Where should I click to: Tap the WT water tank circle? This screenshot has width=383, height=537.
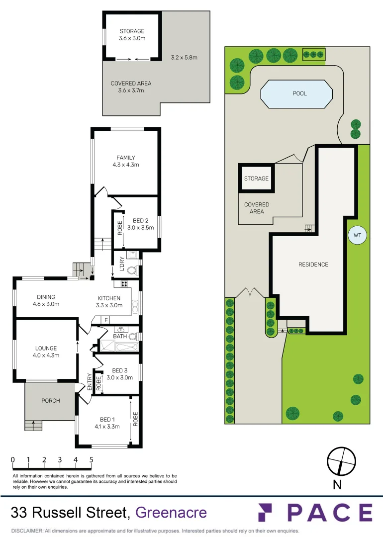357,236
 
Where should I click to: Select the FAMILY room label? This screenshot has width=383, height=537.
126,158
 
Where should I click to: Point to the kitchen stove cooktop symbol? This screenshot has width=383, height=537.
123,284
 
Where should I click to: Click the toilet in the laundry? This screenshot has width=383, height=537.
132,271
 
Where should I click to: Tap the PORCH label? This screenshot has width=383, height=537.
50,401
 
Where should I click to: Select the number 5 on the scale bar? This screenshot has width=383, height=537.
92,459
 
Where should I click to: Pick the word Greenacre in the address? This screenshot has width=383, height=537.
171,512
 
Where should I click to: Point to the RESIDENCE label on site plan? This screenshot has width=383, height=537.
313,265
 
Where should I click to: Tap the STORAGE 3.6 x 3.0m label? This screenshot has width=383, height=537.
132,35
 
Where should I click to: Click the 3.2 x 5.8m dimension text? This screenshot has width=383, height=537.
184,57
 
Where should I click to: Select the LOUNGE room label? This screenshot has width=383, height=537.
46,349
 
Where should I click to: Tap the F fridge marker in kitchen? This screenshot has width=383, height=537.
106,319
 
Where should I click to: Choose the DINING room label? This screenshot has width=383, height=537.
46,297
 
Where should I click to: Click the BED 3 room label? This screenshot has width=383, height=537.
119,370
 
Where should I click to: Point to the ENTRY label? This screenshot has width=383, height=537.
90,381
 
